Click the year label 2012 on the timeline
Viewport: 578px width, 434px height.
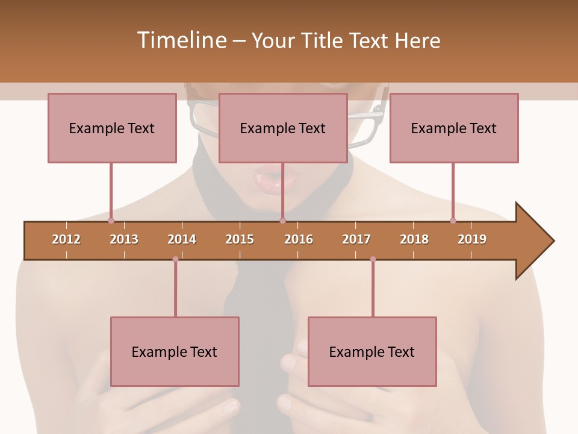(66, 239)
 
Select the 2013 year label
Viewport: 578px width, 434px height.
(124, 239)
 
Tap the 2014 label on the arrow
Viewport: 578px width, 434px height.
(182, 239)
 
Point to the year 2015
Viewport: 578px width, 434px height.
(240, 239)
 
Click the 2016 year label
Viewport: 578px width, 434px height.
(299, 239)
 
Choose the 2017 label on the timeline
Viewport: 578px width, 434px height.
(356, 239)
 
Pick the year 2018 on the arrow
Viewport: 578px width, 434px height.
(414, 239)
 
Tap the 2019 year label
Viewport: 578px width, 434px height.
(472, 239)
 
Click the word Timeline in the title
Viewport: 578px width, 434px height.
(181, 40)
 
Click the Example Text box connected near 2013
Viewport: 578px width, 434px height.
(112, 128)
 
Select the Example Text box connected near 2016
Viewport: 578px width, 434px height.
(283, 128)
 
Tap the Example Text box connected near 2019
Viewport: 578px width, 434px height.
(454, 128)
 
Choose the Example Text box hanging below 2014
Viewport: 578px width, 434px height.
(175, 351)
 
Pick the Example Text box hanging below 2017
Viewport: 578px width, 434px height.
(372, 351)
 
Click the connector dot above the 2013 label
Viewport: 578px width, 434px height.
(111, 221)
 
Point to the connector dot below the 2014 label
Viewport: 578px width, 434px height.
(175, 259)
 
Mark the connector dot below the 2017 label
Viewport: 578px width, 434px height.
(373, 259)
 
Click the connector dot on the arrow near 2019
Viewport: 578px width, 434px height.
(453, 221)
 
